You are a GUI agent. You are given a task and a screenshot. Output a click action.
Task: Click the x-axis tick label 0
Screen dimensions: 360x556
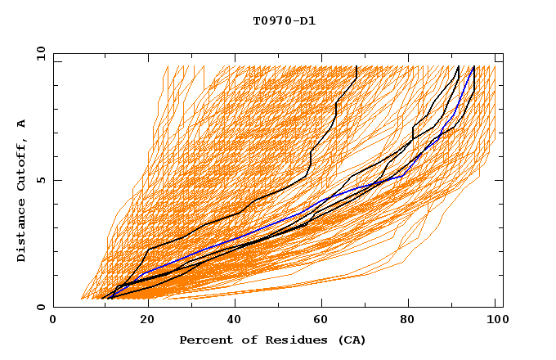click(53, 320)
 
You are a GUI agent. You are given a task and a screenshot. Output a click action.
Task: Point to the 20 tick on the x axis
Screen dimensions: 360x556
click(141, 320)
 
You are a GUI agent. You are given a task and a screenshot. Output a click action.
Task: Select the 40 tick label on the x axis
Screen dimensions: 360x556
click(231, 320)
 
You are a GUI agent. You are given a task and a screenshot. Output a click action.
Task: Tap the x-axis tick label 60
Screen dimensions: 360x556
click(319, 320)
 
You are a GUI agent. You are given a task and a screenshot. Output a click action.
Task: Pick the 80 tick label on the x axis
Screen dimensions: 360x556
click(407, 320)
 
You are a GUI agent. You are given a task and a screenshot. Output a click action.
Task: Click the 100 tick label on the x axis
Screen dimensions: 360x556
click(495, 320)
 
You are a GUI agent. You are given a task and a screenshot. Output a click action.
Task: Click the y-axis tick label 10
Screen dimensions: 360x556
click(40, 53)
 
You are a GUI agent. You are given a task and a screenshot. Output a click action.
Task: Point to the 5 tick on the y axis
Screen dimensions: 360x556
click(43, 180)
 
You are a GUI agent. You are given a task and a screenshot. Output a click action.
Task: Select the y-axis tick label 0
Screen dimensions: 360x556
click(43, 307)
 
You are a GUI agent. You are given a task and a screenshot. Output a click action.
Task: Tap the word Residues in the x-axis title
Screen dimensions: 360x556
click(288, 340)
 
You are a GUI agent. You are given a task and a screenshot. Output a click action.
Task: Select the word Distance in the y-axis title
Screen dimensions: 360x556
click(22, 234)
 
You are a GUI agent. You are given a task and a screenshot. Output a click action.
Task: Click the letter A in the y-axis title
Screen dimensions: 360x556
click(22, 124)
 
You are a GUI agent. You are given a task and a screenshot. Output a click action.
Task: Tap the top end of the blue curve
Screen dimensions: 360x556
click(474, 66)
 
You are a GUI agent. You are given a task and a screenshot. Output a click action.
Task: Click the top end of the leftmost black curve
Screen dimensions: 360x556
click(356, 66)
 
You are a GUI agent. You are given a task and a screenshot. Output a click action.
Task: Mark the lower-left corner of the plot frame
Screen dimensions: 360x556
click(53, 307)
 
